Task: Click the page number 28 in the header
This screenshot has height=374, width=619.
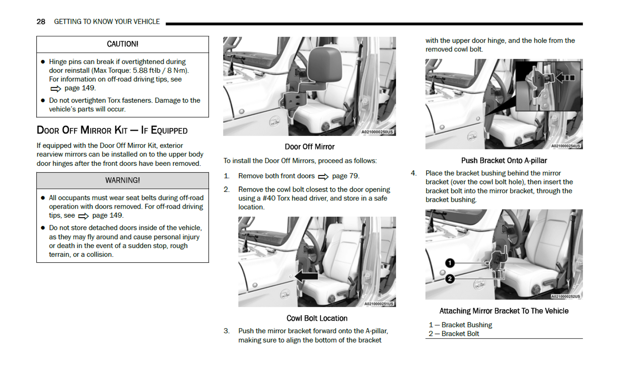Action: click(41, 22)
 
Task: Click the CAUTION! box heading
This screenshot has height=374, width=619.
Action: click(122, 44)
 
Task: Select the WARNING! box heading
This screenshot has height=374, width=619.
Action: click(122, 180)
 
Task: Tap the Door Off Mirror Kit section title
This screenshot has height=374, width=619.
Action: click(112, 130)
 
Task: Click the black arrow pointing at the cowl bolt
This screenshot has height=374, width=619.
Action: click(307, 276)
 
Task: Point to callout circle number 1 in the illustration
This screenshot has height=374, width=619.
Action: click(450, 263)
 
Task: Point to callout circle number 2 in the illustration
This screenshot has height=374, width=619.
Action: click(450, 279)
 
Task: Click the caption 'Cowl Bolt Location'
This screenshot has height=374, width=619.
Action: click(317, 318)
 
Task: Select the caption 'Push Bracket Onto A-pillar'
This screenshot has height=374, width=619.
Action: click(504, 160)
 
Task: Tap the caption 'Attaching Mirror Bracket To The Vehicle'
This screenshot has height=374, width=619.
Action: click(504, 311)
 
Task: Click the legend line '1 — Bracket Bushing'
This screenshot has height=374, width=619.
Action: click(460, 325)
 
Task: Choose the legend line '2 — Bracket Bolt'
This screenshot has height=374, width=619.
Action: click(454, 334)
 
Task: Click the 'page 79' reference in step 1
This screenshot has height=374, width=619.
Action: click(345, 176)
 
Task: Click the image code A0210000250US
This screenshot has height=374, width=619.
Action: click(377, 132)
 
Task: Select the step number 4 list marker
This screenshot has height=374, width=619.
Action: click(414, 173)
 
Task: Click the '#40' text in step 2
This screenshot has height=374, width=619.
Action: click(269, 198)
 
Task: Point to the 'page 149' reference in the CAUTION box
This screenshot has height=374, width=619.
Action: click(80, 88)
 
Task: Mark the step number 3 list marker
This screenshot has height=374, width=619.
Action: click(226, 331)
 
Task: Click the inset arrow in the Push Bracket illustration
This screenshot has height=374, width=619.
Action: click(565, 78)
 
